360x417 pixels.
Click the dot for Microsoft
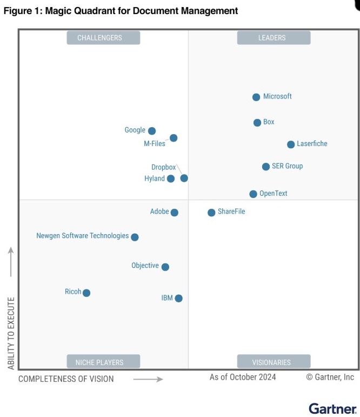[x=256, y=97]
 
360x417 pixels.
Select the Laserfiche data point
[x=291, y=144]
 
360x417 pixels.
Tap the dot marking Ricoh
[x=86, y=293]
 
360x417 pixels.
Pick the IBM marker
[x=179, y=299]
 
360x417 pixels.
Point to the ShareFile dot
[x=211, y=213]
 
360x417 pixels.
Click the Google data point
[x=152, y=131]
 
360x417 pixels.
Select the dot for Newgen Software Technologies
[x=135, y=237]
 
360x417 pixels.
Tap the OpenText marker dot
[x=253, y=194]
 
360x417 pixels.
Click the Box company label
[x=269, y=122]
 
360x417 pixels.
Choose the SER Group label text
[x=287, y=166]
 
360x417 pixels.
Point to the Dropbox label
[x=163, y=168]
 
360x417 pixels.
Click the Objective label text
[x=145, y=266]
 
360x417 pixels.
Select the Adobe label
[x=159, y=212]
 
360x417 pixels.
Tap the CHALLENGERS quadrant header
[x=103, y=38]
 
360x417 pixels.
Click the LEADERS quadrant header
[x=274, y=38]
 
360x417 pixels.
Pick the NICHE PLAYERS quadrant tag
[x=103, y=362]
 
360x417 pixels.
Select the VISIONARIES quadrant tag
[x=274, y=362]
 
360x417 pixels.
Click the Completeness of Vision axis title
[x=66, y=379]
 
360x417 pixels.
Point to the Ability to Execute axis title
[x=11, y=333]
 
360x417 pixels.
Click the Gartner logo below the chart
[x=332, y=408]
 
